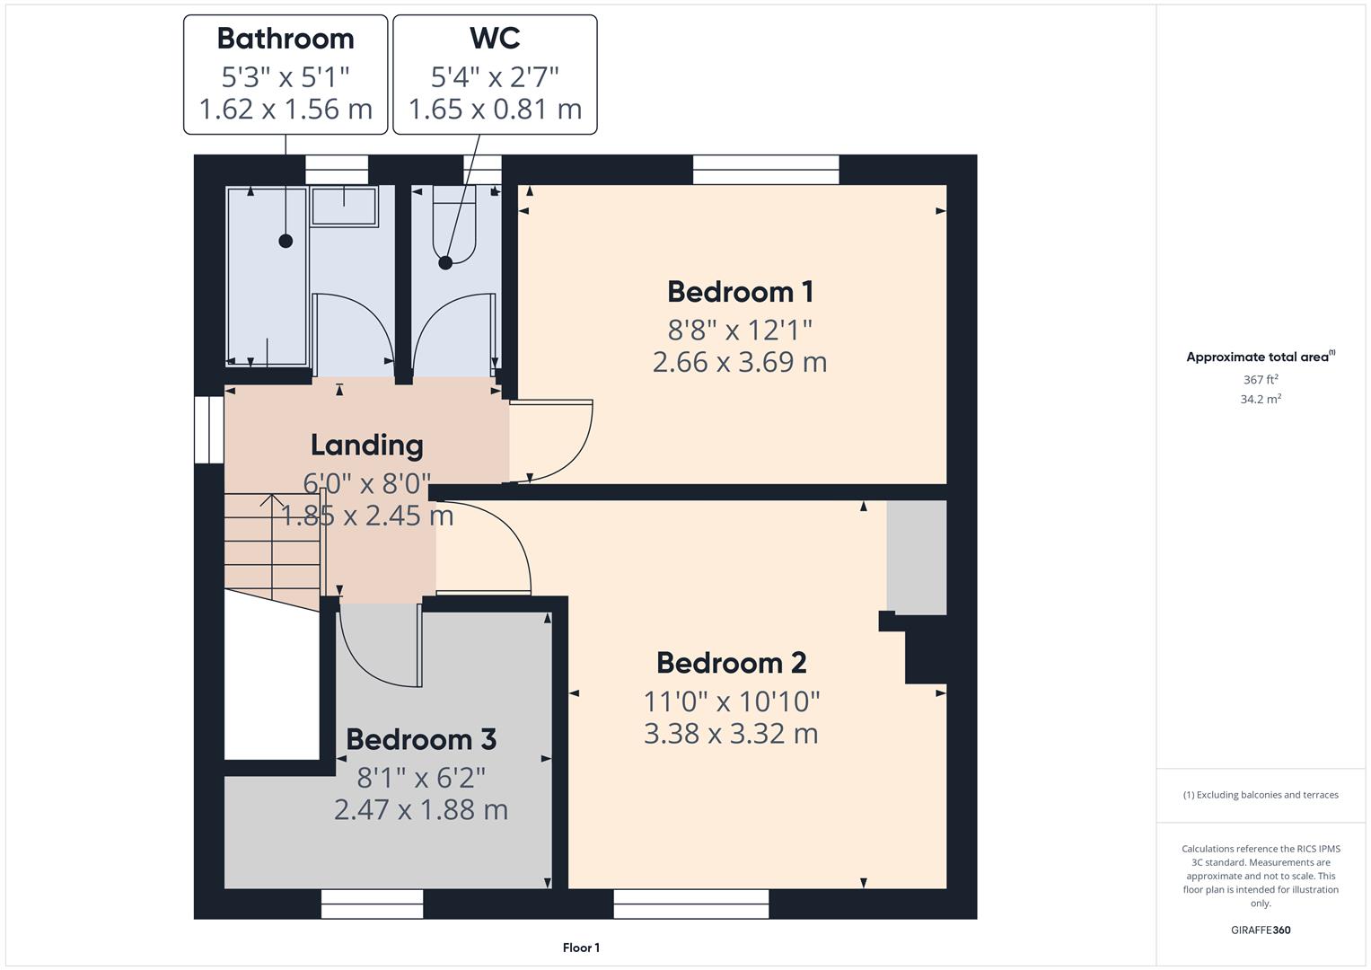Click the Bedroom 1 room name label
[740, 292]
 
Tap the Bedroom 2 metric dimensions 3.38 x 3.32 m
[731, 734]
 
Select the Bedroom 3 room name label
[420, 739]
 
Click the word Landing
[366, 445]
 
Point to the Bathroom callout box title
[286, 39]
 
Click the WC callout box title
[495, 39]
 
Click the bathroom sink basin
[344, 206]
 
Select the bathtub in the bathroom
[267, 276]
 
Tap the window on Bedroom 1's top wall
[766, 170]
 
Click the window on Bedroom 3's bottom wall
[372, 904]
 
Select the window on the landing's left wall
[209, 430]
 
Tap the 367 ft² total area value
[1261, 380]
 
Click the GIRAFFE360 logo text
[1261, 930]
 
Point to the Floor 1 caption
[581, 948]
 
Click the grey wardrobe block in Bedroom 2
[917, 557]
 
